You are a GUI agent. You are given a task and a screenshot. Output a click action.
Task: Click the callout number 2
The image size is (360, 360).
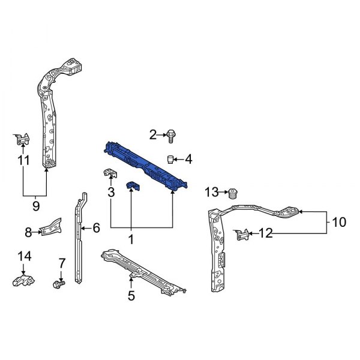coord(152,134)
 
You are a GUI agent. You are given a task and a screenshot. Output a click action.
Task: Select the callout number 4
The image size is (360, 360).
coord(188,159)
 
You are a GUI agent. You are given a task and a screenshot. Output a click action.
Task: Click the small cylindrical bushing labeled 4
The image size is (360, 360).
coord(170,159)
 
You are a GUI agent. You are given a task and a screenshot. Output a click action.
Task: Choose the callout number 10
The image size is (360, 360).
coord(338,223)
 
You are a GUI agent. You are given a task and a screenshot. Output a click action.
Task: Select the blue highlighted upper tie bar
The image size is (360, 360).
coord(145,166)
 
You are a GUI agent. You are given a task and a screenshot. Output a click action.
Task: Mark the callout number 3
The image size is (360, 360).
coord(111,192)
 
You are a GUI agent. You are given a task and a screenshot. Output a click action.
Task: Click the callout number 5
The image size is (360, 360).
coord(131,295)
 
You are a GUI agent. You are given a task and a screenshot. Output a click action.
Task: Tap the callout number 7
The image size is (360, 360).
coord(61,262)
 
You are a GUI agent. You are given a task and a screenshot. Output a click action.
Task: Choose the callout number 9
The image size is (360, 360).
coord(35,206)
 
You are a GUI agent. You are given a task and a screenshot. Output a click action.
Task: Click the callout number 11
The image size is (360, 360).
coord(23,160)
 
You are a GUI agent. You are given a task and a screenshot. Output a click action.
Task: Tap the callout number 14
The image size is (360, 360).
coord(23,256)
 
